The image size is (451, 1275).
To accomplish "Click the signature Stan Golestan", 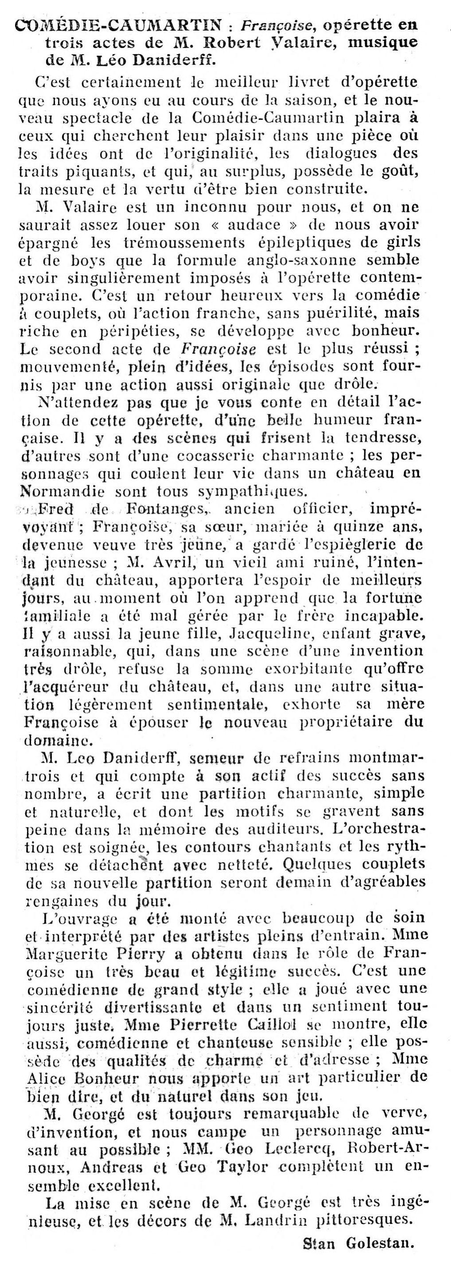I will point(359,1254).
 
